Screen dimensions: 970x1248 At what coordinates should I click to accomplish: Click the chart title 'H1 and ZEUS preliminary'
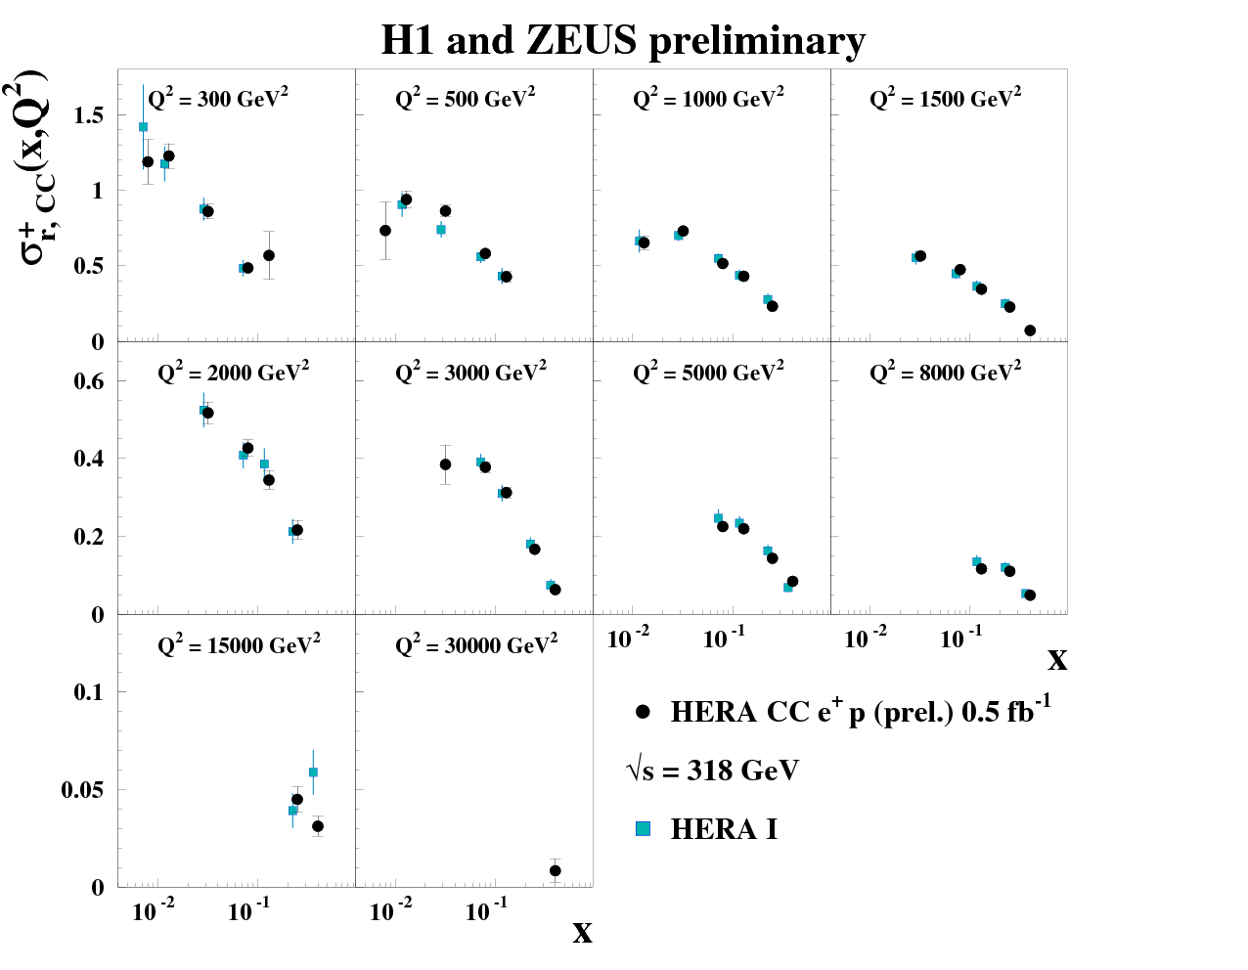623,41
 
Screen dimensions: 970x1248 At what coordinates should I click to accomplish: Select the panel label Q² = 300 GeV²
218,98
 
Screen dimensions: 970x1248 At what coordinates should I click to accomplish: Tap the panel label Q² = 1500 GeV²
945,98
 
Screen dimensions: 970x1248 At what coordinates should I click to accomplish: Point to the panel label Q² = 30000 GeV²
476,645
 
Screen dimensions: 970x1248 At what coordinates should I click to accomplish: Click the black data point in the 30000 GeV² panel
556,870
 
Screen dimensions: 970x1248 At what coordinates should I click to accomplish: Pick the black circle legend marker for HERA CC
643,712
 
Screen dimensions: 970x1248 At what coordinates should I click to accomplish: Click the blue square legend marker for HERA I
643,829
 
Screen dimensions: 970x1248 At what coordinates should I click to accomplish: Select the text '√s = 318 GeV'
713,771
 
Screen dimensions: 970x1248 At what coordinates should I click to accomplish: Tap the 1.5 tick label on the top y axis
89,115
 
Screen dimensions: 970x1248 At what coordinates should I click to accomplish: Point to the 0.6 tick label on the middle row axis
89,381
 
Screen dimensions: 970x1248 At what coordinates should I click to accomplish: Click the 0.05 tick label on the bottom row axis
82,790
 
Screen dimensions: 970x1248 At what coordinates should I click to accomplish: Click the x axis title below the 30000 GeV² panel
582,933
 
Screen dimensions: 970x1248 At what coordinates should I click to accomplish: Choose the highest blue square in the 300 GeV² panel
143,127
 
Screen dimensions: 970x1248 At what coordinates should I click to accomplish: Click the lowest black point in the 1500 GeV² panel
1030,331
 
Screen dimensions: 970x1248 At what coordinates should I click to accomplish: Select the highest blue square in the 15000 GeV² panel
313,772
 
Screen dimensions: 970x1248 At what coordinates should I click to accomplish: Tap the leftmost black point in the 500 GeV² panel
385,231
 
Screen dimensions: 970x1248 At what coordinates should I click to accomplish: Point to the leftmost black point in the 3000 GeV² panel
446,464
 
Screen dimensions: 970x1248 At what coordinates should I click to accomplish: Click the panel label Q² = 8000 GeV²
945,372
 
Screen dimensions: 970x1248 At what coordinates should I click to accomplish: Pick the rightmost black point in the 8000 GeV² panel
1030,595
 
